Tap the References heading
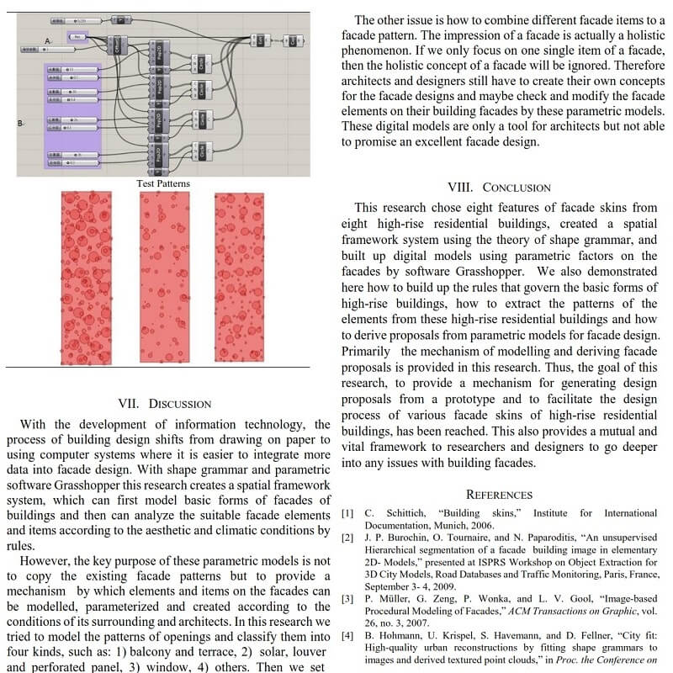click(499, 495)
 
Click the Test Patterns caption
click(163, 183)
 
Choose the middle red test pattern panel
click(165, 277)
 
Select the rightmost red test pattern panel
click(239, 277)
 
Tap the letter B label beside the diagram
click(20, 124)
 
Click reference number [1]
click(347, 513)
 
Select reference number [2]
click(347, 537)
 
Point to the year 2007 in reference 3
click(421, 623)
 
